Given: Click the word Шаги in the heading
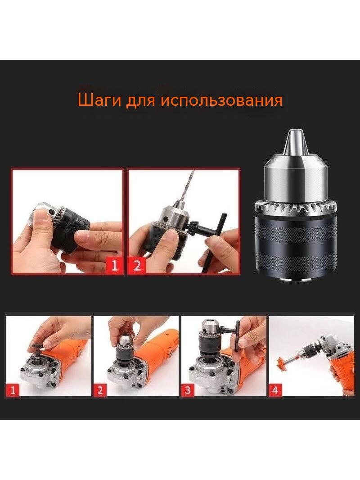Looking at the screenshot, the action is [x=99, y=100].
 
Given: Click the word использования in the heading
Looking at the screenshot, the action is [x=221, y=100].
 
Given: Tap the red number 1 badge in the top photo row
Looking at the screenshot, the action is [x=114, y=265].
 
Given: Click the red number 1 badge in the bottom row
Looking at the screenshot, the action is [x=13, y=390].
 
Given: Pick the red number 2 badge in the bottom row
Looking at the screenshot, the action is [x=100, y=390].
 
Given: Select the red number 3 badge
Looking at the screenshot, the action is [x=188, y=390].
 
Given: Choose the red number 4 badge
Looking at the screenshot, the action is [x=275, y=390].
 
